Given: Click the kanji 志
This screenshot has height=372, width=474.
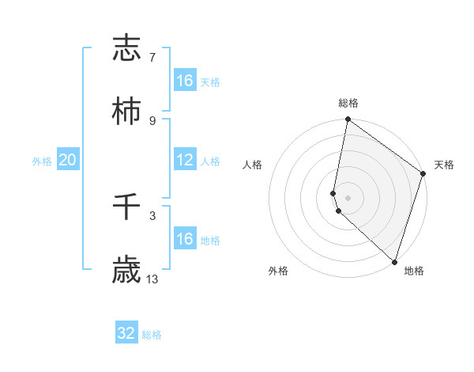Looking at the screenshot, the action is coord(126,48).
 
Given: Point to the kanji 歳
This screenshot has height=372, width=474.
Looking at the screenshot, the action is coord(126,271).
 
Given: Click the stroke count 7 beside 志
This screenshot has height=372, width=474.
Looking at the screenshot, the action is coord(152,58).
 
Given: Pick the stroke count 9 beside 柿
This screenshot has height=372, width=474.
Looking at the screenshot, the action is coord(152,120).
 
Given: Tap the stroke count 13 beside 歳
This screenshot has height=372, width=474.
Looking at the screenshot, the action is coord(152,279).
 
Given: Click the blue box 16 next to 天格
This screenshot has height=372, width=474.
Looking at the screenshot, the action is coord(185,81).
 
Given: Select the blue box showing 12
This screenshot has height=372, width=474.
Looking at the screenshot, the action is coord(185,160).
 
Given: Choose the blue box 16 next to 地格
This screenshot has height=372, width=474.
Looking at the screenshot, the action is coord(185,239).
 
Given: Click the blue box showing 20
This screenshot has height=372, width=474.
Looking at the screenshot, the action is coord(67,160).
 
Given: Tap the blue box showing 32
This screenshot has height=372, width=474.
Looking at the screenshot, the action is coord(126,333).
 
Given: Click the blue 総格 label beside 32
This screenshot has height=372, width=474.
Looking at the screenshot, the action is coord(152,335).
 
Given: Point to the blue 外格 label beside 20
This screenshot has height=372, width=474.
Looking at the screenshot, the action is coord(42,161).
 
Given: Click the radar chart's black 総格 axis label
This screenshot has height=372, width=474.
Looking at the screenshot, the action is coord(348,103).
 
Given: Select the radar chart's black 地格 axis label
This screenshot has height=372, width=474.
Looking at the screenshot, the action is coord(414,271).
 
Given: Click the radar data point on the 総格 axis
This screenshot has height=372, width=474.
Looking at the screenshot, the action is coord(348,120).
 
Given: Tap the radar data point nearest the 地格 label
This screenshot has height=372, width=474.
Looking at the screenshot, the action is coord(394,262).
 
